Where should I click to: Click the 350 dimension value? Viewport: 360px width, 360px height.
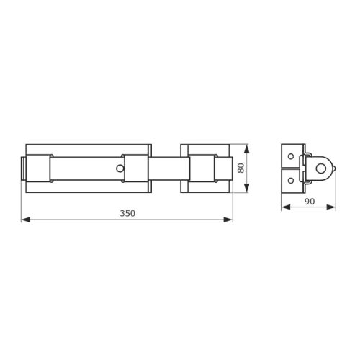click(127, 213)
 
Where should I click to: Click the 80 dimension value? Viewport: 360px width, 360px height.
click(240, 168)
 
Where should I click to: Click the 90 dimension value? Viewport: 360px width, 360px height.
click(310, 202)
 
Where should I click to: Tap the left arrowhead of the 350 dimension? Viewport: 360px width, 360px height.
click(26, 220)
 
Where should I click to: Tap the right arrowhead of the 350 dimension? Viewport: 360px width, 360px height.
click(228, 220)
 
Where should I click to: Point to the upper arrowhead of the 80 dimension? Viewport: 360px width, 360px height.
click(247, 149)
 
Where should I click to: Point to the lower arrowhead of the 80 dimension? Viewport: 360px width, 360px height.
click(247, 188)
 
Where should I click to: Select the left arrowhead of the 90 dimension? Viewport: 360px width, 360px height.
click(286, 207)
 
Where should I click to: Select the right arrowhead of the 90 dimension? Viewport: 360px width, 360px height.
click(331, 207)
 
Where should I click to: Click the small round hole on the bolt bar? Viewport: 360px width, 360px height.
click(120, 168)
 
